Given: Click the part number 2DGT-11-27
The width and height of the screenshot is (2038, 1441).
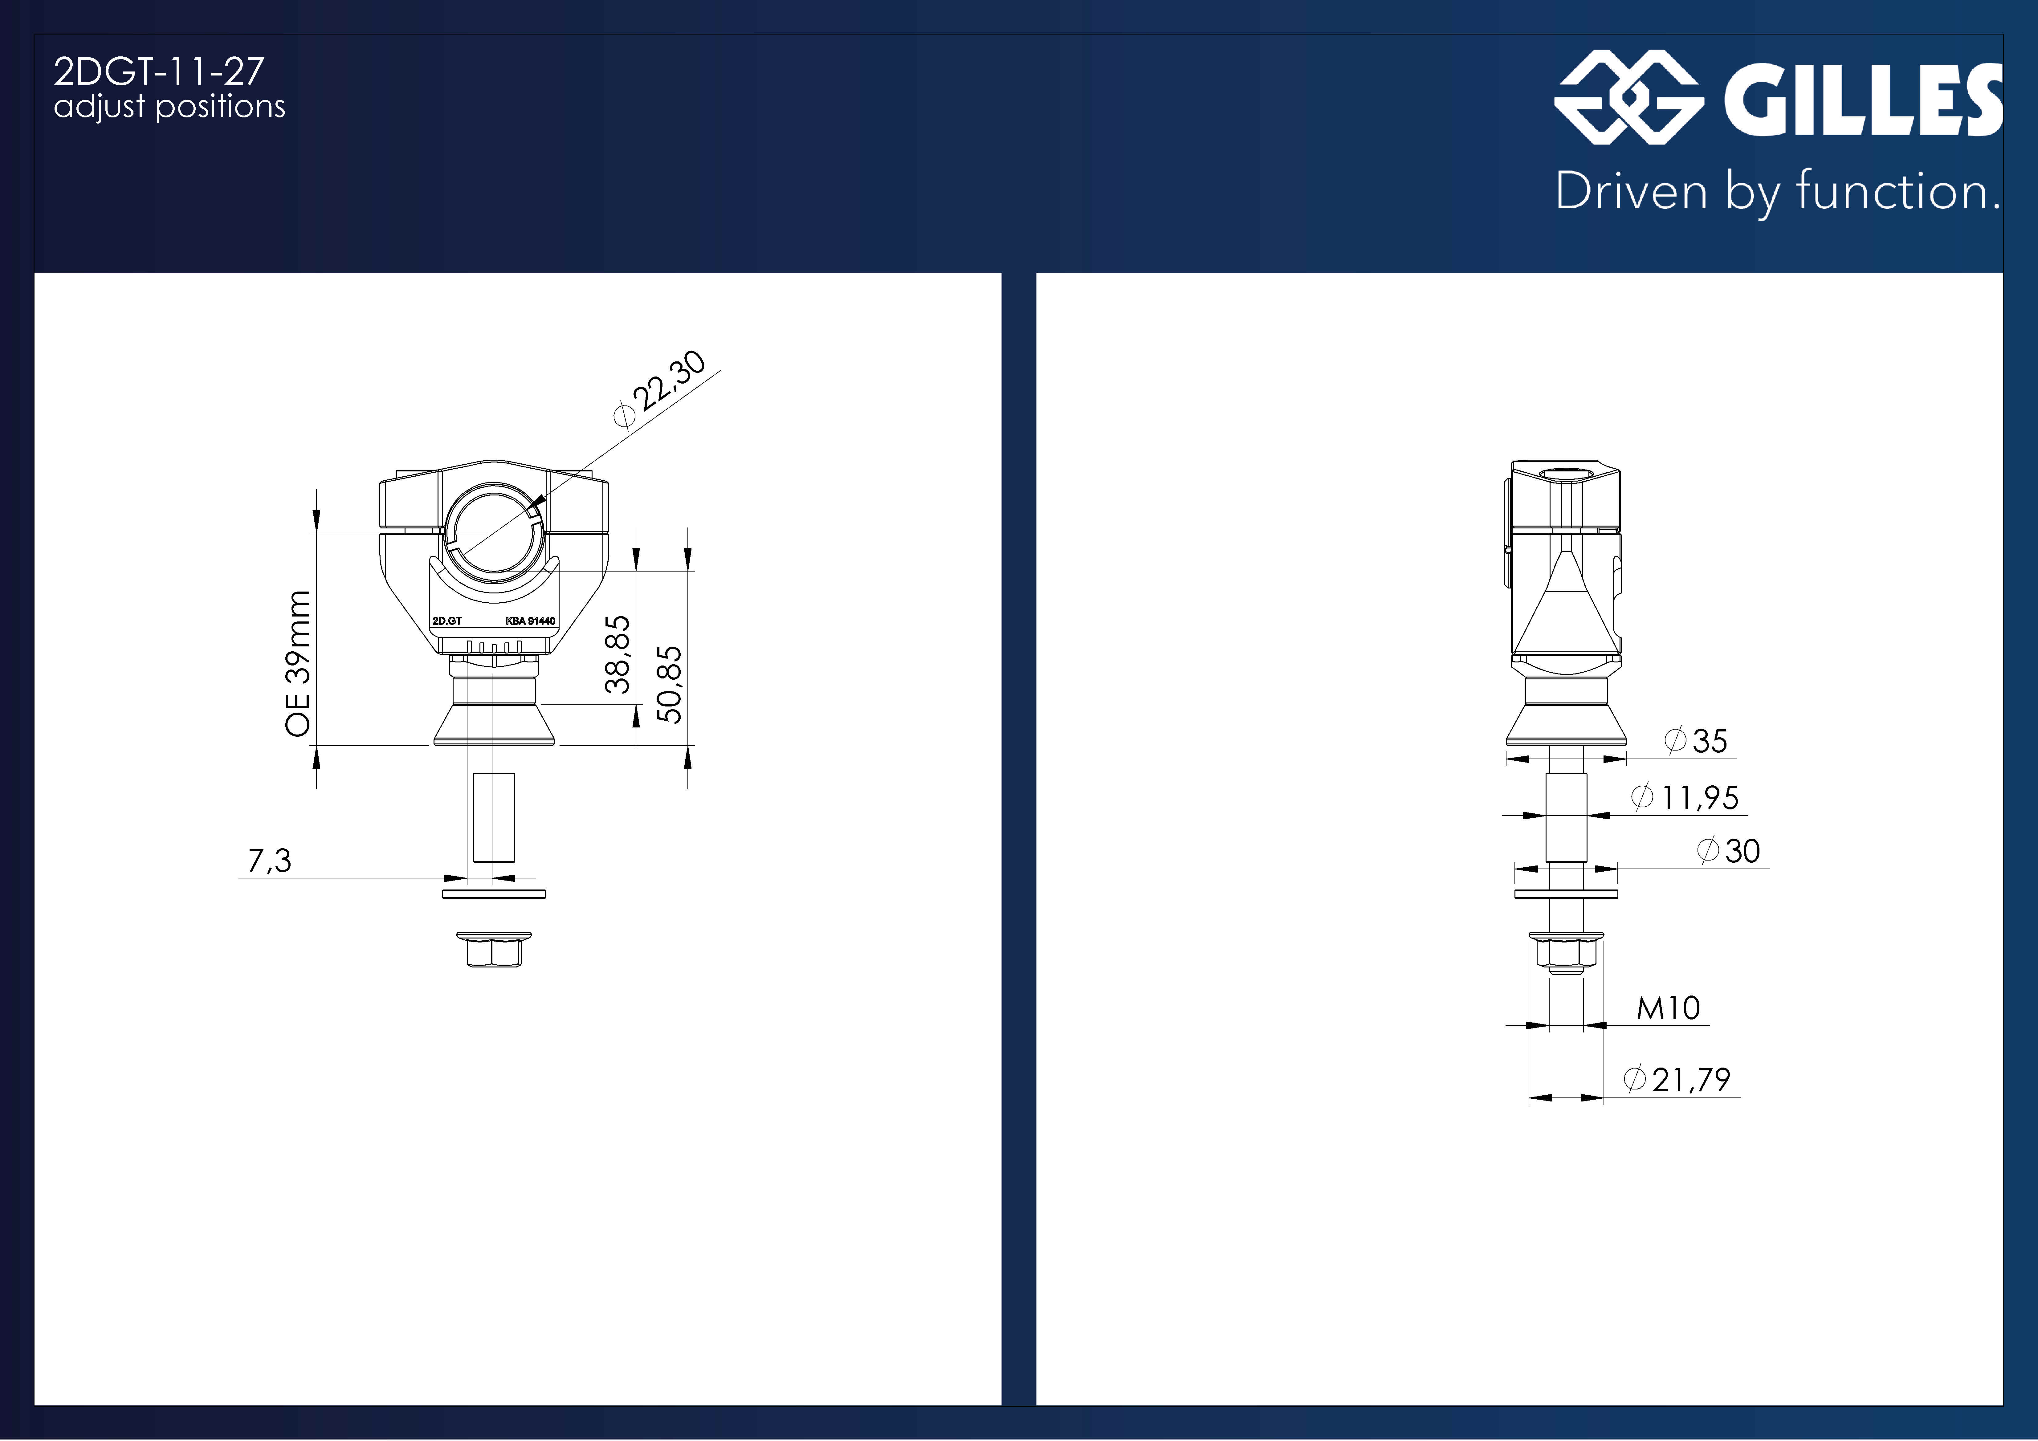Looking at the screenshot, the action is [x=159, y=72].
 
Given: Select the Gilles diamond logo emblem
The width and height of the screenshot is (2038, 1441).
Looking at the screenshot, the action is [x=1628, y=98].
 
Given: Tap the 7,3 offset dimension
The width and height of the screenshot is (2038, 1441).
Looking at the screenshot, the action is [x=270, y=860].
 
